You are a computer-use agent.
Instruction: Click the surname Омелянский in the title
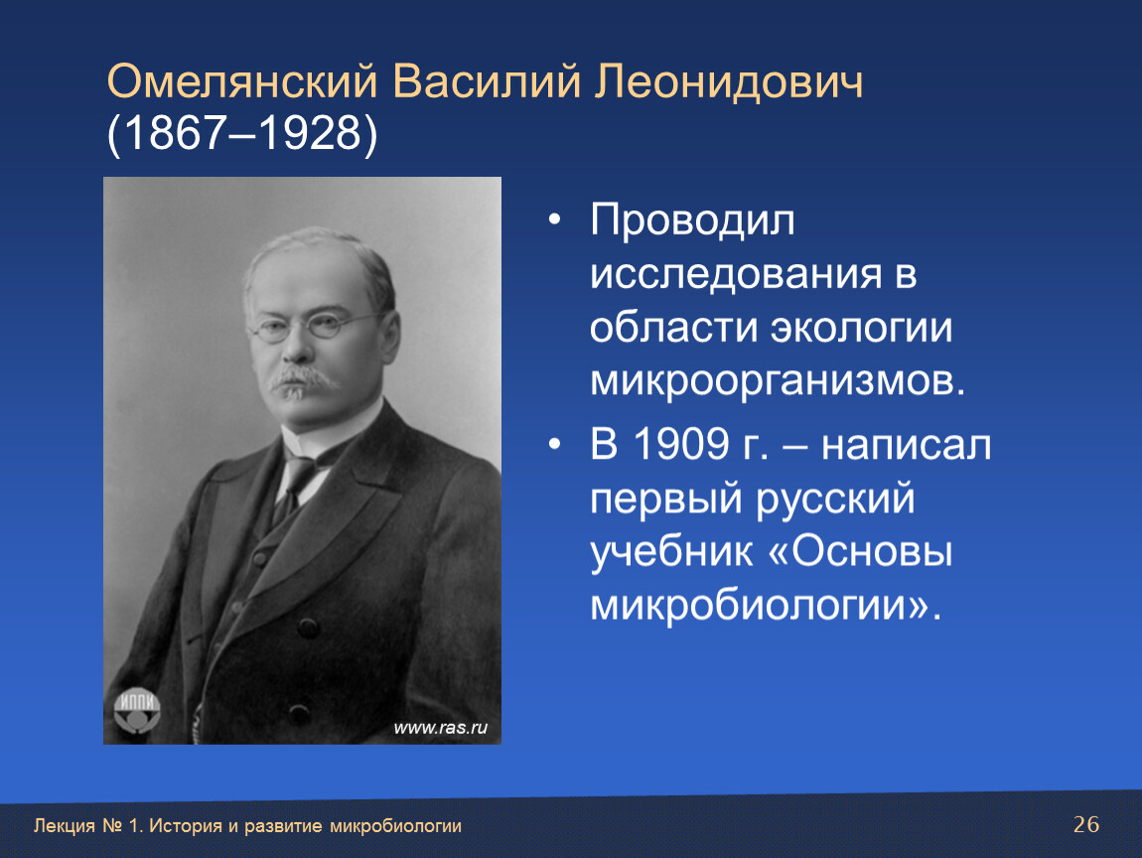(x=242, y=80)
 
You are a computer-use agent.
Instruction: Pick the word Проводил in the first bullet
(x=692, y=220)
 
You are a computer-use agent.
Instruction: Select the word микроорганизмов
(x=778, y=381)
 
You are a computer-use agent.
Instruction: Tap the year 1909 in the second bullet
(x=681, y=444)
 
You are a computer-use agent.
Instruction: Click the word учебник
(x=671, y=552)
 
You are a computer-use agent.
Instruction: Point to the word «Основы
(x=860, y=552)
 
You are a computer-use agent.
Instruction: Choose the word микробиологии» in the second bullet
(x=766, y=605)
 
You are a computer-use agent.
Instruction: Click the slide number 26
(x=1086, y=824)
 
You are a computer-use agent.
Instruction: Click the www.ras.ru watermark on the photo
(x=441, y=728)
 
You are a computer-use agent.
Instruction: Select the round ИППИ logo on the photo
(x=137, y=709)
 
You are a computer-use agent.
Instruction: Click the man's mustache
(x=305, y=378)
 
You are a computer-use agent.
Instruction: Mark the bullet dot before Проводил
(x=555, y=219)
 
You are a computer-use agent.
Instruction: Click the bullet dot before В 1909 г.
(x=555, y=444)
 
